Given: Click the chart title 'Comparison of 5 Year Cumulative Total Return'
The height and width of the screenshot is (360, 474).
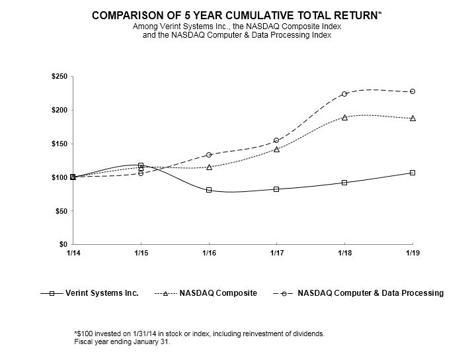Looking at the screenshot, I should (x=237, y=15).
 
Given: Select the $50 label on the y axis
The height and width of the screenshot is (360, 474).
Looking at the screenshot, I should (x=60, y=211).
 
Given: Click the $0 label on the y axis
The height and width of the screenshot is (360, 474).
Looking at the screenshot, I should (x=62, y=244).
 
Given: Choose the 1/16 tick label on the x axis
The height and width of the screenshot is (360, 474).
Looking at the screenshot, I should (x=209, y=253).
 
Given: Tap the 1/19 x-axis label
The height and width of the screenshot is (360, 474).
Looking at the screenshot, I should (x=413, y=253).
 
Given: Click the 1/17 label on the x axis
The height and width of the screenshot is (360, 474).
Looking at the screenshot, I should (x=276, y=253).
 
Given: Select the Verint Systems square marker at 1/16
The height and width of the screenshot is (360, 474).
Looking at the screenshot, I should (x=209, y=190).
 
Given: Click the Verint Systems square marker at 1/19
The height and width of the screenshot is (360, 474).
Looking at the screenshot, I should (x=413, y=173).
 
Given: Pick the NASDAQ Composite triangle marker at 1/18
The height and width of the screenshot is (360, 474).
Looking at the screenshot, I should (x=344, y=117).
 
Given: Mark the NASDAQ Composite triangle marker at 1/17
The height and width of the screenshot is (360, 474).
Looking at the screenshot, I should (x=276, y=150).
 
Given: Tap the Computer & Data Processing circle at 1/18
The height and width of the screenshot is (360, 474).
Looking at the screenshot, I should (x=344, y=94).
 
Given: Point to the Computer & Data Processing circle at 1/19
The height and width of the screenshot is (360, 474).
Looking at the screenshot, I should (x=413, y=91).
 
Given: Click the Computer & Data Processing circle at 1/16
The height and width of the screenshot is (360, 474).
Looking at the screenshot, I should (x=209, y=155).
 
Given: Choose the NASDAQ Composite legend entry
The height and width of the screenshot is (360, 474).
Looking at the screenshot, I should (x=206, y=292).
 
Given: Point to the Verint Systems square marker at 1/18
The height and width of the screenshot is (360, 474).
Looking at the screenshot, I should (x=344, y=183).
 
